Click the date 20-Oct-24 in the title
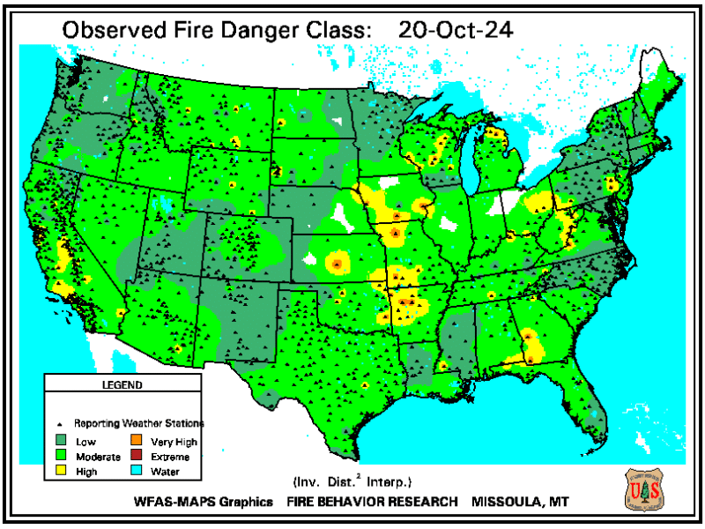coord(456,28)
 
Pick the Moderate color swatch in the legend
coord(62,457)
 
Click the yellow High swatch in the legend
coord(62,472)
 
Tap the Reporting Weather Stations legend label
coord(139,423)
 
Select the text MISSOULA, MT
coord(521,503)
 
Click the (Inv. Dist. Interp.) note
coord(352,482)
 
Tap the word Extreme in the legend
coord(169,457)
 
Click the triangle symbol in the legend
coord(62,423)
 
